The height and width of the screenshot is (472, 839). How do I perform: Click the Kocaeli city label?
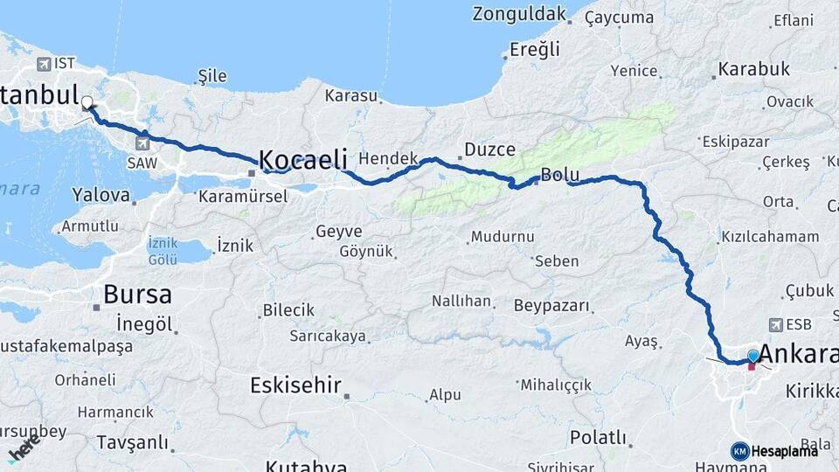click(x=303, y=159)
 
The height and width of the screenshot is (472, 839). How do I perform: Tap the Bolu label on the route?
click(x=559, y=175)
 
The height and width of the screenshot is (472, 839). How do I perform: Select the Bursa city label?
click(x=137, y=294)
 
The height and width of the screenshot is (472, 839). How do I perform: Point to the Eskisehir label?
click(x=295, y=385)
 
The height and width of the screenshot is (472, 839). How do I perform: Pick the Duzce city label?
click(x=490, y=149)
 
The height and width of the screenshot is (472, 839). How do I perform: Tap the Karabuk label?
click(x=754, y=69)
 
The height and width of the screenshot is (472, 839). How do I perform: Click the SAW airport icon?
click(x=142, y=142)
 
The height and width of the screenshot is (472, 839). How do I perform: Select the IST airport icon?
click(x=45, y=64)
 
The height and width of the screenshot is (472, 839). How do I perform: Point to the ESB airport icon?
click(x=776, y=324)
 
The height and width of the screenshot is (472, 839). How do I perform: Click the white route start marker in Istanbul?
click(x=87, y=103)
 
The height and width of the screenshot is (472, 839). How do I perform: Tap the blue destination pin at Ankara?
click(x=753, y=356)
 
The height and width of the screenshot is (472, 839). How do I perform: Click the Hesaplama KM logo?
click(x=739, y=451)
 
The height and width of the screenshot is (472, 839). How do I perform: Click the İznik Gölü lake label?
click(x=163, y=251)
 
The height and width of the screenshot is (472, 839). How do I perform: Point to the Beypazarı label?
click(x=552, y=307)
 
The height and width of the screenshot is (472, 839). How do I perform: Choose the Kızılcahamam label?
click(x=770, y=237)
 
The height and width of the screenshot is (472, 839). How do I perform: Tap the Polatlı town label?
click(x=599, y=437)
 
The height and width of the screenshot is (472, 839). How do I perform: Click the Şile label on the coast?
click(x=212, y=76)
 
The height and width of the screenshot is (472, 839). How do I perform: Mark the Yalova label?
click(x=101, y=194)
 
